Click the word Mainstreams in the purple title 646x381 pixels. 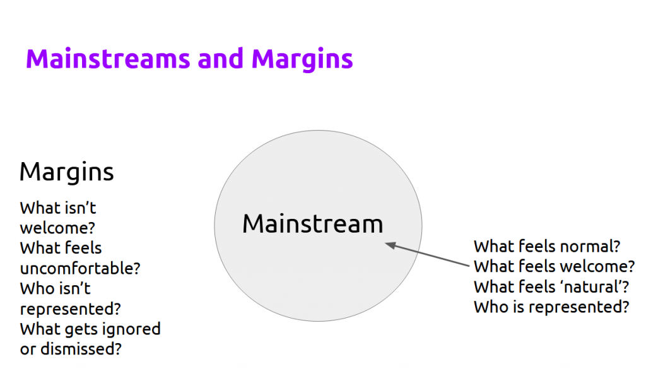click(108, 59)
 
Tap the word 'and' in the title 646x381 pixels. click(220, 59)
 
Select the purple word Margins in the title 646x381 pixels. click(302, 60)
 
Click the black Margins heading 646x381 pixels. click(66, 172)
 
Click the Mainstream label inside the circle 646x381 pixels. click(313, 224)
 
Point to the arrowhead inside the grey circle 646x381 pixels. click(391, 245)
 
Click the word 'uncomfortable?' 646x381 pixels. click(80, 269)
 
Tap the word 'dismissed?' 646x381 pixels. click(81, 349)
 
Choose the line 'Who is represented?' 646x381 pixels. click(551, 307)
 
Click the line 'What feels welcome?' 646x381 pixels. click(554, 266)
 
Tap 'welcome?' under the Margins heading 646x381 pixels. click(57, 228)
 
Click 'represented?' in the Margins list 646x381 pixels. click(71, 309)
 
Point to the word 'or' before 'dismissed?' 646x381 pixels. click(28, 349)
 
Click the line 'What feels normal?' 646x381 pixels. click(547, 246)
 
